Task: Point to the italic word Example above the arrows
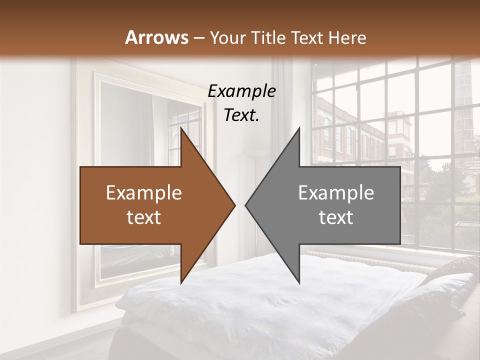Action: pos(241,91)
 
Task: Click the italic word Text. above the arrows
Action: pos(241,115)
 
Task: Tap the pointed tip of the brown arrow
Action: pos(234,205)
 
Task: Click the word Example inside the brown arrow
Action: pos(143,193)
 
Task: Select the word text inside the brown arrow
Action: pos(143,217)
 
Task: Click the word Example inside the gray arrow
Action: pos(336,193)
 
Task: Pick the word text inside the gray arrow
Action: pos(336,217)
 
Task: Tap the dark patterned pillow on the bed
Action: pos(450,270)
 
